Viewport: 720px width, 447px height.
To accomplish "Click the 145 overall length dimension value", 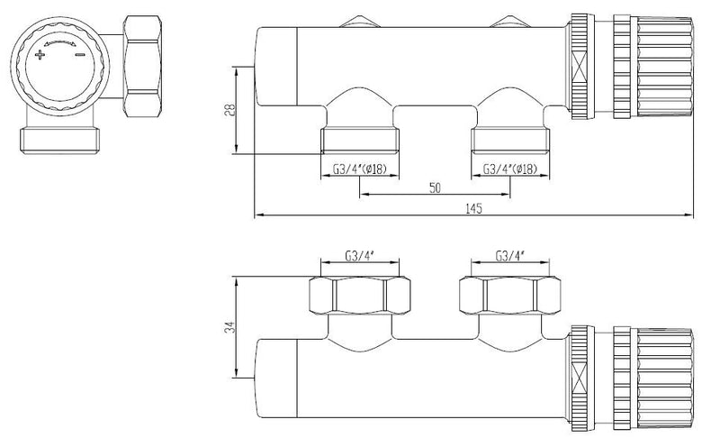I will point(474,208).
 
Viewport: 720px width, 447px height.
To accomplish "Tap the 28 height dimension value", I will point(228,109).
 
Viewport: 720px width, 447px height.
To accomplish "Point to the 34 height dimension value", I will point(228,329).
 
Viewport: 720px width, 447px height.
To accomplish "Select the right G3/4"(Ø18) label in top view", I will point(510,168).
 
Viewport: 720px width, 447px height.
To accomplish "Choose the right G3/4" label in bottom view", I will point(510,255).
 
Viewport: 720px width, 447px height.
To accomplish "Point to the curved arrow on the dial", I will point(60,41).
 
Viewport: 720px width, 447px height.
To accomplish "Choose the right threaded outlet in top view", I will point(509,140).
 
